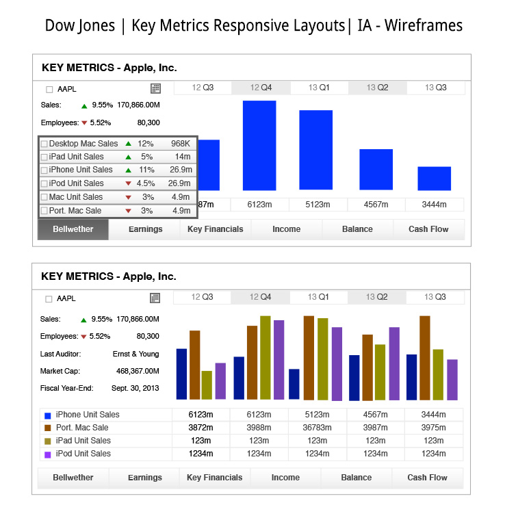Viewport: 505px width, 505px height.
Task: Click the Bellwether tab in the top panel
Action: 73,229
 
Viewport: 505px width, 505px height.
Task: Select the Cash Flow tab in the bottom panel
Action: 428,478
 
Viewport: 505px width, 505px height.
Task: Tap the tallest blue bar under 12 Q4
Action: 259,145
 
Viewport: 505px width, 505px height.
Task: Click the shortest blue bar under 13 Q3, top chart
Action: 434,178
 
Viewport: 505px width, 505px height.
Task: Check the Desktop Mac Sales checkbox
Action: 44,144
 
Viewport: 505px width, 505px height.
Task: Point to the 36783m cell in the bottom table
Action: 318,428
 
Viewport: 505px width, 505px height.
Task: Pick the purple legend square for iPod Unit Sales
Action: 48,454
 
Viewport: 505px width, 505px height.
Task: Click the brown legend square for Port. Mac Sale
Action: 48,428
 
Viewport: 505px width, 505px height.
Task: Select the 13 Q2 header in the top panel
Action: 377,88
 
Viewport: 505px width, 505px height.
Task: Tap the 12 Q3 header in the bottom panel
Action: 203,297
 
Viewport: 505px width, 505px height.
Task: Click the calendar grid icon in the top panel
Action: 155,88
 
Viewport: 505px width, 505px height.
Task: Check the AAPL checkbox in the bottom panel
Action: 49,299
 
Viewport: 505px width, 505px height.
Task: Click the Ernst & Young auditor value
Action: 135,354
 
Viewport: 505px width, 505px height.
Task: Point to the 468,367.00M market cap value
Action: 138,372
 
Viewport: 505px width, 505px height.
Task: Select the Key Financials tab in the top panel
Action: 215,229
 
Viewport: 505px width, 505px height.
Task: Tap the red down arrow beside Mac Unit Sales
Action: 128,198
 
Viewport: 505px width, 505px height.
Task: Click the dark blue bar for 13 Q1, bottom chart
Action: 294,384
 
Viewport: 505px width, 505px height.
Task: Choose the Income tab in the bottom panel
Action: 285,478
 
